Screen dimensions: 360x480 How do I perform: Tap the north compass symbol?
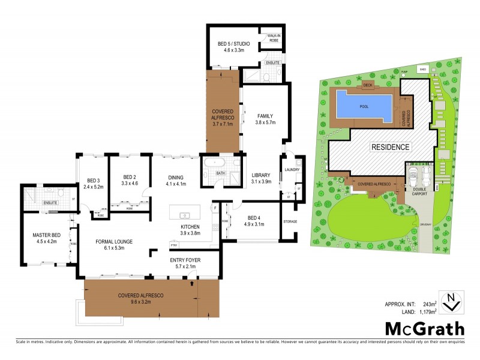pyautogui.click(x=451, y=301)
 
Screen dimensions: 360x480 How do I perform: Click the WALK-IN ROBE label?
pyautogui.click(x=275, y=40)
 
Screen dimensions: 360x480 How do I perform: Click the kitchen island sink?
pyautogui.click(x=184, y=214)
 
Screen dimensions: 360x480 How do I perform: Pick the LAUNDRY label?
pyautogui.click(x=293, y=170)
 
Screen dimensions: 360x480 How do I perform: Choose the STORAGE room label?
pyautogui.click(x=290, y=221)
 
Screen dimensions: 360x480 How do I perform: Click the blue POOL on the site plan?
pyautogui.click(x=364, y=106)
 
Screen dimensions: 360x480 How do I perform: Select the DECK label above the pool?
pyautogui.click(x=368, y=85)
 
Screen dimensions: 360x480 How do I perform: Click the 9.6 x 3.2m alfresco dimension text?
pyautogui.click(x=140, y=302)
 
